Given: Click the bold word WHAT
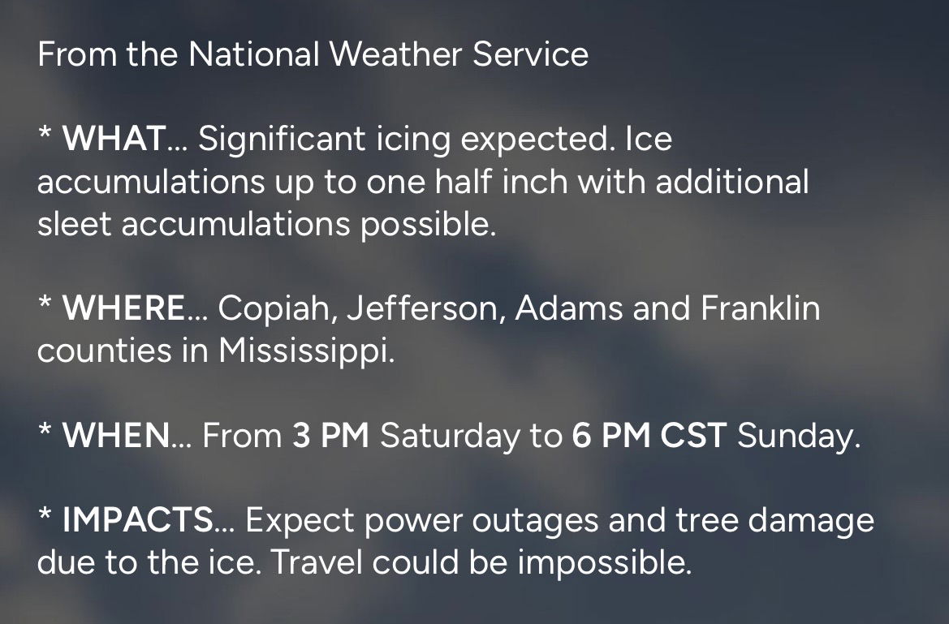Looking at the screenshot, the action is coord(115,139).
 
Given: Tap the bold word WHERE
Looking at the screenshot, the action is coord(124,308).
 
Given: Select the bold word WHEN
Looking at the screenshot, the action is coord(116,435).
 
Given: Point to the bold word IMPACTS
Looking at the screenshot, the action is coord(138,520).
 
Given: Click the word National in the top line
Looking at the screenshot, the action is coord(253,54).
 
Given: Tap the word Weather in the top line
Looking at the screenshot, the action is coord(396,54).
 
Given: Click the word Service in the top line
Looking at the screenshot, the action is coord(531,54).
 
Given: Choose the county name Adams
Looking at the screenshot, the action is coord(569,308).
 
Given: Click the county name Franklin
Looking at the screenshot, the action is coord(760,308).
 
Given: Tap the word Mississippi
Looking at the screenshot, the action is coord(306,351).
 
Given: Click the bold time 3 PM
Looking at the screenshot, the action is coord(330,435).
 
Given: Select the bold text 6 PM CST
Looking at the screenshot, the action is coord(649,435).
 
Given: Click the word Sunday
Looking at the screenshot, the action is coord(798,437).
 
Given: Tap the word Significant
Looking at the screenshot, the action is coord(282,140).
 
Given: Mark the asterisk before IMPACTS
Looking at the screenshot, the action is coord(45,515).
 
